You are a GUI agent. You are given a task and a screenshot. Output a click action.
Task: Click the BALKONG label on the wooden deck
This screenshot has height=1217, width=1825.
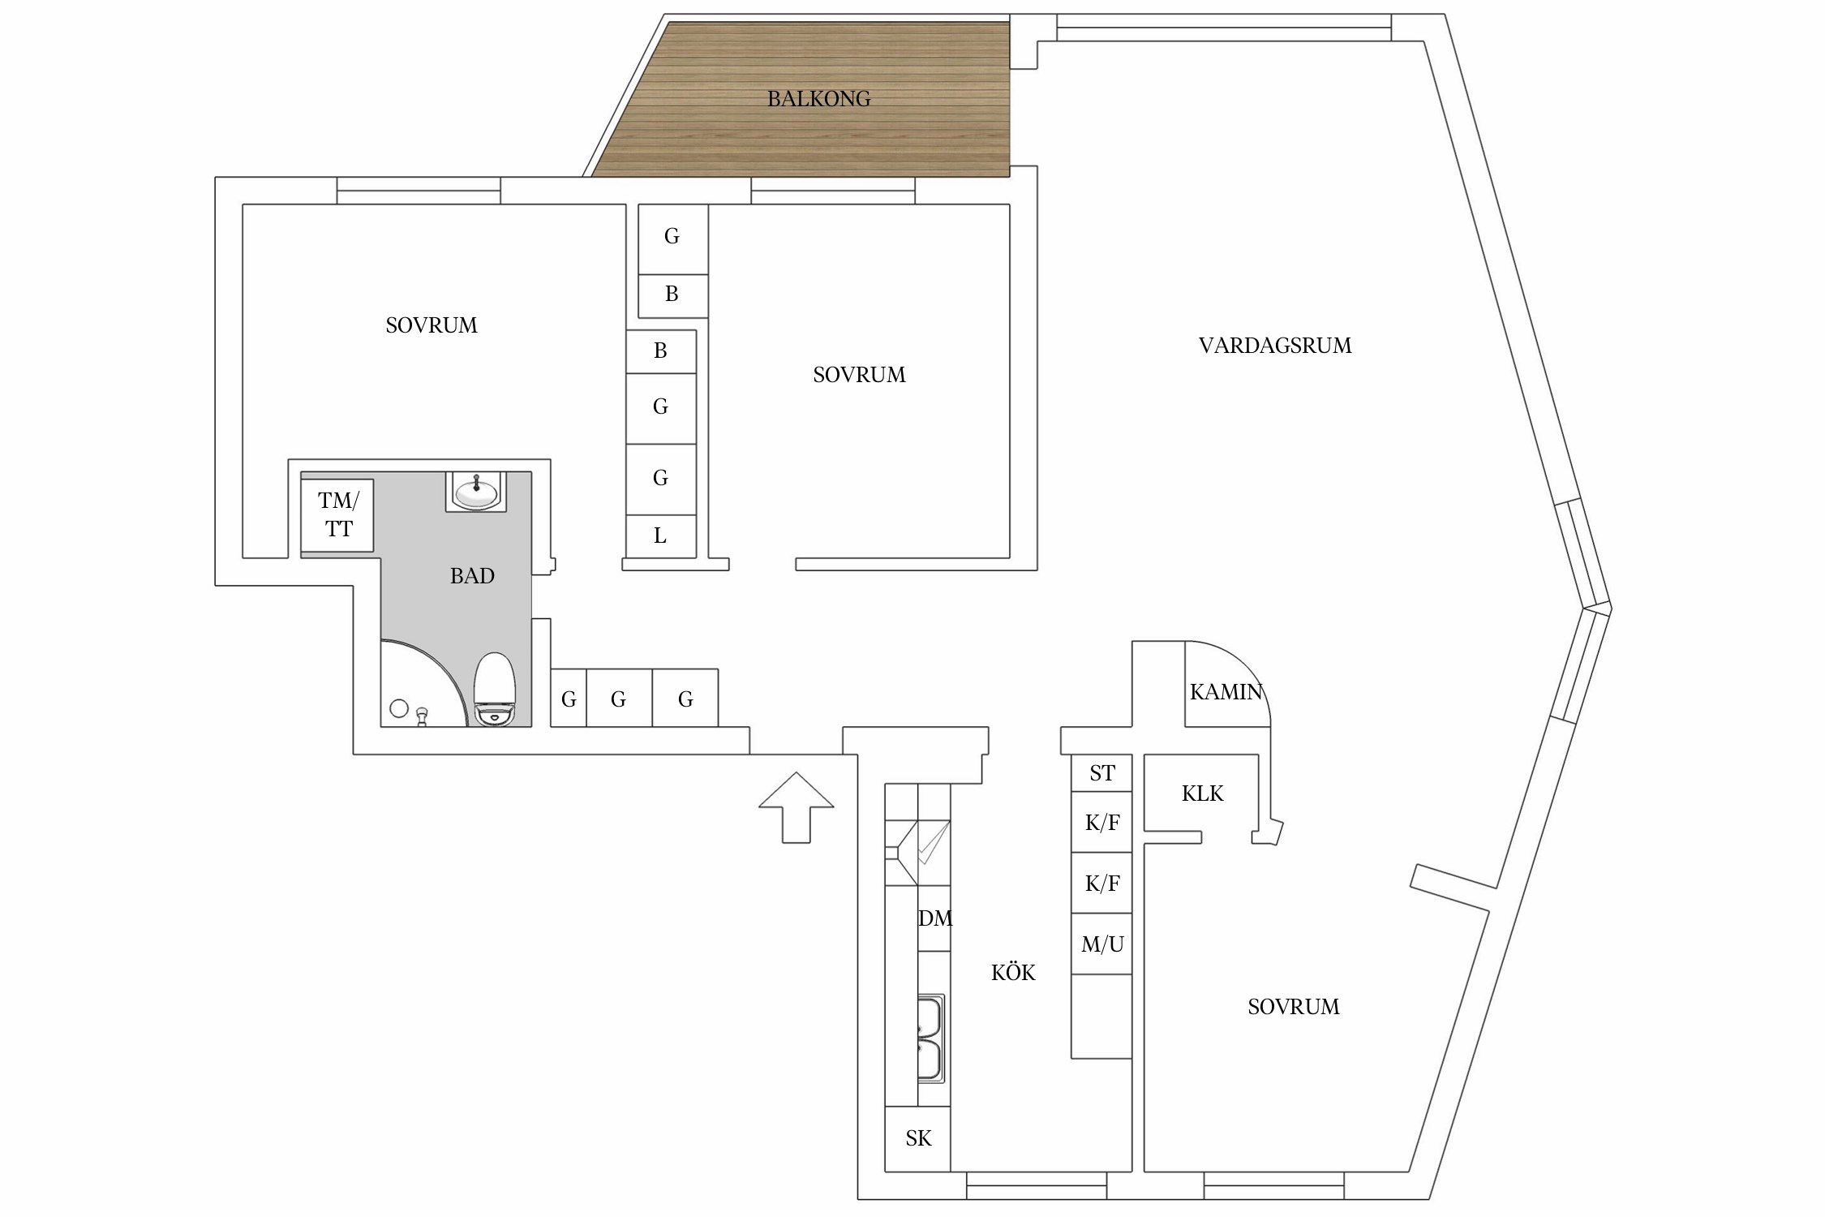pos(818,99)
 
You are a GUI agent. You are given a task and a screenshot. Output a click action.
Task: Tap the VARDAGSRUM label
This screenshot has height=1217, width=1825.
pos(1274,346)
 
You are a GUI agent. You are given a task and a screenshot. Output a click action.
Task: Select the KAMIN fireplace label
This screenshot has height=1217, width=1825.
pos(1226,692)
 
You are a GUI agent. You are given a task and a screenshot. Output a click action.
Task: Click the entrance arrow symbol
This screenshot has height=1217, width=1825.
pos(796,807)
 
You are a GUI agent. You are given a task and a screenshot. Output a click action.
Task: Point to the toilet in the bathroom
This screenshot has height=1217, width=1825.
pos(495,690)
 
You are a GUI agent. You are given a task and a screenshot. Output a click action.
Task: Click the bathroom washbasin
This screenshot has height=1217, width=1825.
pos(475,492)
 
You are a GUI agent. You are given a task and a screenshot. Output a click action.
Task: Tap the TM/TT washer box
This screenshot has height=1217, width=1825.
pos(337,515)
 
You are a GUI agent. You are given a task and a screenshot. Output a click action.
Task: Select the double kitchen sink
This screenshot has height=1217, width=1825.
pos(930,1039)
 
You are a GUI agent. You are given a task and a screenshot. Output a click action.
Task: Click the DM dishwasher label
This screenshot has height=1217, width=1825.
pos(934,918)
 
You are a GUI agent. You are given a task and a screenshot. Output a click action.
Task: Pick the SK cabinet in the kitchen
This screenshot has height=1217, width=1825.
pos(917,1138)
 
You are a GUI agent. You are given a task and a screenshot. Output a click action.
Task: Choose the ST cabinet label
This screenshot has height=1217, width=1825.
pos(1101,773)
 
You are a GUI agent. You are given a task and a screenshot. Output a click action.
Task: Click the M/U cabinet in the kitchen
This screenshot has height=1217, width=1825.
pos(1101,944)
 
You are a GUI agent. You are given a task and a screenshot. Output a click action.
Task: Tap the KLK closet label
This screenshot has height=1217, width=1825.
pos(1202,793)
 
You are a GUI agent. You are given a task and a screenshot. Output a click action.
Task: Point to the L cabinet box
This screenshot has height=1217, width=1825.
pos(660,536)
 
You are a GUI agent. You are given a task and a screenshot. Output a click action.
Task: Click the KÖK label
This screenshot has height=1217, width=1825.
pos(1013,973)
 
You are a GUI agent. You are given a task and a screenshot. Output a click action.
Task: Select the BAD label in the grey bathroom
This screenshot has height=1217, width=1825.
pos(472,576)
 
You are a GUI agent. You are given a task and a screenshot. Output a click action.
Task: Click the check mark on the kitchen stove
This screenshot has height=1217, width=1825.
pos(933,842)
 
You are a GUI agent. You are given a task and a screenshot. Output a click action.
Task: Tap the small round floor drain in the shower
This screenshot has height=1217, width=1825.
pos(399,708)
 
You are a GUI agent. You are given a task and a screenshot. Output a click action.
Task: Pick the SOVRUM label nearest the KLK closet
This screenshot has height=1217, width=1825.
pos(1293,1007)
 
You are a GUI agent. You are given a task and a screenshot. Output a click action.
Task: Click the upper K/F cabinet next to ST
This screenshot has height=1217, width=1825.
pos(1101,823)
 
